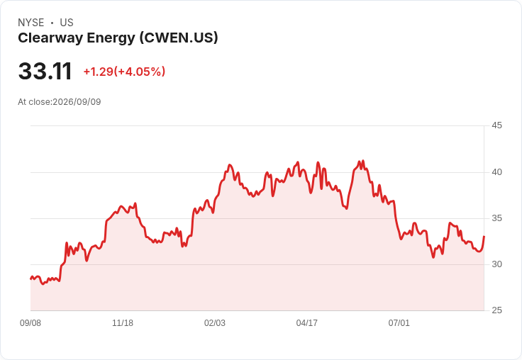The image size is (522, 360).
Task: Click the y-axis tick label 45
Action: tap(496, 125)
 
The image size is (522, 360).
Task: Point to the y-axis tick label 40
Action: tap(496, 172)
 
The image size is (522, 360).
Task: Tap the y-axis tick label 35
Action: tap(496, 218)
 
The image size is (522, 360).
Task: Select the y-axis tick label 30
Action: tap(496, 264)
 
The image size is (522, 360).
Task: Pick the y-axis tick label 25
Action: tap(496, 310)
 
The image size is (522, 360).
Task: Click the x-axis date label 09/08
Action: tap(30, 323)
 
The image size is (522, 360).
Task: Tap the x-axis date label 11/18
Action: tap(123, 323)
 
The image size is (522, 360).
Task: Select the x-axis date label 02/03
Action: tap(215, 323)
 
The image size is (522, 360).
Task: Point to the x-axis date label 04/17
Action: tap(307, 323)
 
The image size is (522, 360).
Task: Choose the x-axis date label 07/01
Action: tap(399, 323)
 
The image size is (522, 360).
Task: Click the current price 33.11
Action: tap(45, 71)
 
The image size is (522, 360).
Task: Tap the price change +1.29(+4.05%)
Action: tap(124, 72)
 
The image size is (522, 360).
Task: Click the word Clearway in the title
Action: tap(50, 38)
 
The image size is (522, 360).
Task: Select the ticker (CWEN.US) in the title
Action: tap(179, 38)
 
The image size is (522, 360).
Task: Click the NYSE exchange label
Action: tap(31, 23)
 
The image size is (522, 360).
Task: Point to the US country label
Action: tap(67, 23)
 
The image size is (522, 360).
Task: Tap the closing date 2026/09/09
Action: tap(77, 102)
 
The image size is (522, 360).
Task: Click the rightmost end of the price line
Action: tap(484, 236)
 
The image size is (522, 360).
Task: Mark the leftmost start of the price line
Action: tap(30, 279)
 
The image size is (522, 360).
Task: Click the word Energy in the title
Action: tap(111, 38)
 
